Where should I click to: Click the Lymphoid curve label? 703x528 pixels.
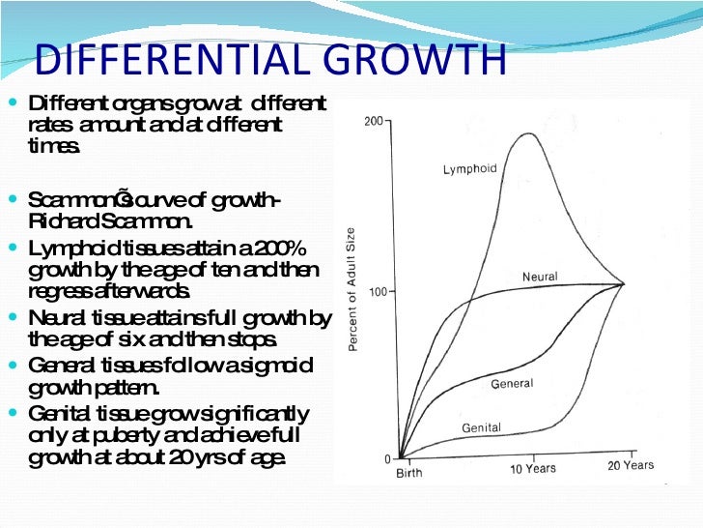pos(469,169)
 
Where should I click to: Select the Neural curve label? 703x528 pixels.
pos(540,277)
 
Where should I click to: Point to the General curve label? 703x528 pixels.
pos(512,384)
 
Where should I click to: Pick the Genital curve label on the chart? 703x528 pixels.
pos(481,426)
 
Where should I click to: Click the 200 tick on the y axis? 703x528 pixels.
pos(374,122)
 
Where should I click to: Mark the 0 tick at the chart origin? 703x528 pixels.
pos(387,458)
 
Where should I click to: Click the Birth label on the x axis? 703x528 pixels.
pos(408,473)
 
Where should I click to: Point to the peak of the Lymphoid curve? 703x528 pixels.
pos(530,133)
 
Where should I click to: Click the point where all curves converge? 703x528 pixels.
pos(623,283)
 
